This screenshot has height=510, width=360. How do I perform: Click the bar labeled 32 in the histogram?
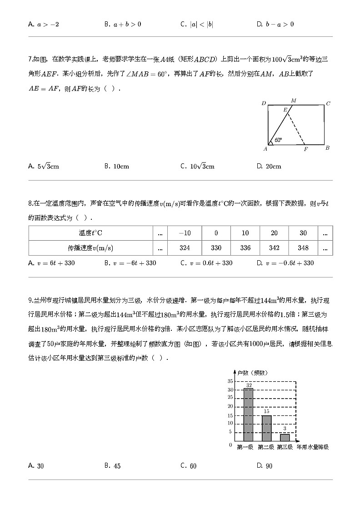(x=248, y=415)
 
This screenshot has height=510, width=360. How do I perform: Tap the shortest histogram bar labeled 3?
(x=285, y=437)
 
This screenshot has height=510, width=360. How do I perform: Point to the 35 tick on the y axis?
(x=230, y=381)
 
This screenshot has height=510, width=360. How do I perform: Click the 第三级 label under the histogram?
(x=285, y=447)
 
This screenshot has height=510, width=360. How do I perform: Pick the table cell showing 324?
(x=185, y=248)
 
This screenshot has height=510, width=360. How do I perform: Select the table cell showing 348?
(x=303, y=248)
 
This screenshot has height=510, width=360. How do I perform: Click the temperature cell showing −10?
(x=185, y=233)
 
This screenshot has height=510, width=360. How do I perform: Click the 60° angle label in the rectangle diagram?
(x=278, y=140)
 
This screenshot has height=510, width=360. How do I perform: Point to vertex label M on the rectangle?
(x=293, y=100)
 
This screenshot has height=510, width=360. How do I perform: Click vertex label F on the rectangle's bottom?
(x=306, y=149)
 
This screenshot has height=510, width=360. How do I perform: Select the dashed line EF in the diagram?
(x=298, y=128)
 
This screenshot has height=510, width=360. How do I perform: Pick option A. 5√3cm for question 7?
(x=44, y=167)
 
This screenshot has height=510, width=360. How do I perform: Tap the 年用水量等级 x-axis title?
(x=312, y=447)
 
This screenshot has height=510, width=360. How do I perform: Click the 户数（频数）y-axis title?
(x=252, y=373)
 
